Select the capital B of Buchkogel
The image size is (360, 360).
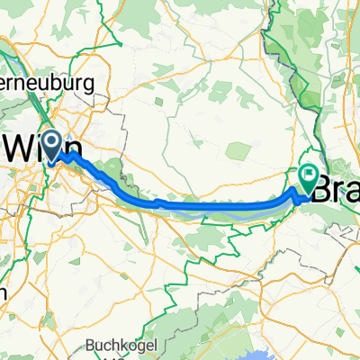pos(92,344)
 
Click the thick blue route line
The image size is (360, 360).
pos(216,207)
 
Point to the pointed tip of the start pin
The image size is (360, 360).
pos(51,159)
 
